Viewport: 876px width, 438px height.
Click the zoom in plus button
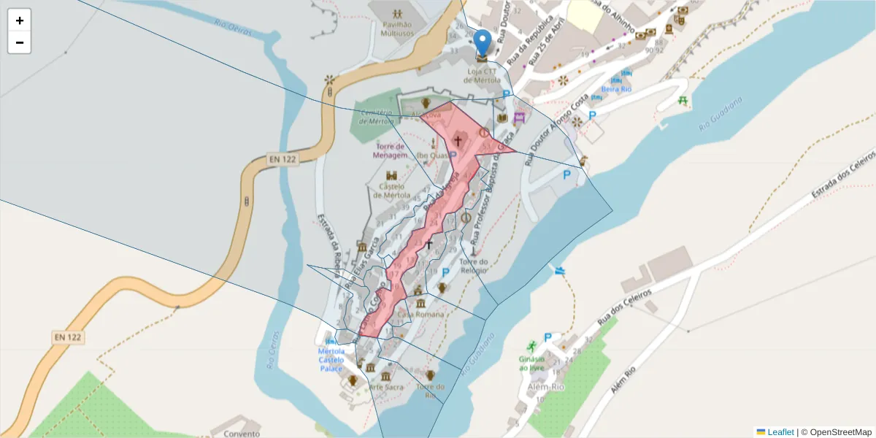pos(20,20)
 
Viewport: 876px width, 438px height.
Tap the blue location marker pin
pos(482,42)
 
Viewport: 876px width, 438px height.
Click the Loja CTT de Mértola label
pos(482,75)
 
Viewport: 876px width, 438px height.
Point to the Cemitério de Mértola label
pos(376,117)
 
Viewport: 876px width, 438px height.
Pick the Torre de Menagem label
pos(388,151)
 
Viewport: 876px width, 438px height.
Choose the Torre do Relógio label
pos(473,266)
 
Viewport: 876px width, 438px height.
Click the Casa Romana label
pos(420,314)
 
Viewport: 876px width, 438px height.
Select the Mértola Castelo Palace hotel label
pos(331,360)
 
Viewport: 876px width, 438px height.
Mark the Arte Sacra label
pos(386,387)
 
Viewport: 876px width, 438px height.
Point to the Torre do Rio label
pos(430,391)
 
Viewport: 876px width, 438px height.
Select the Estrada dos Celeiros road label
pos(842,177)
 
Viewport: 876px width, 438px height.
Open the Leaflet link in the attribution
pos(780,432)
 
